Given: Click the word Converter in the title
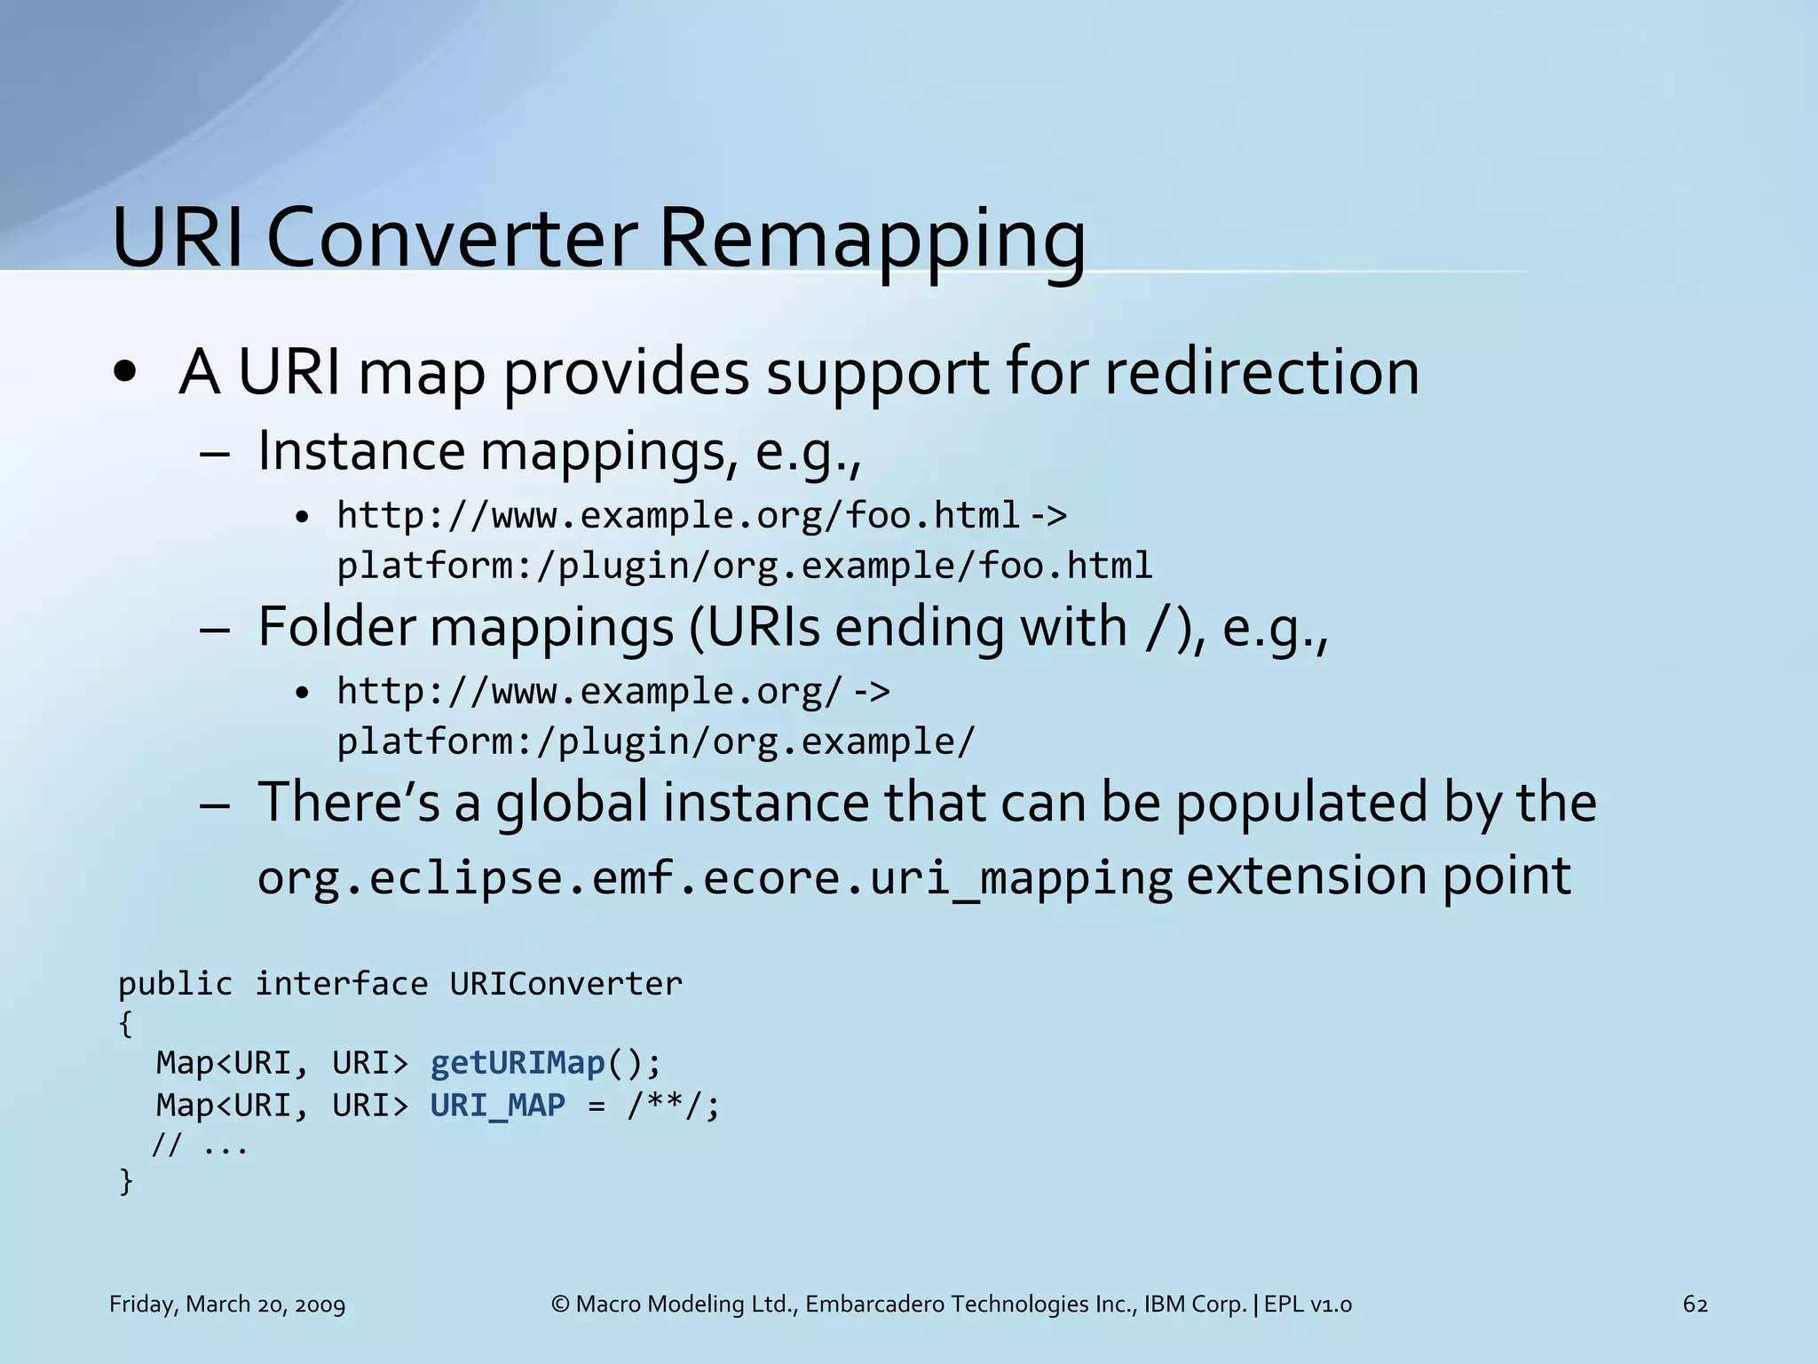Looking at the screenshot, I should coord(451,238).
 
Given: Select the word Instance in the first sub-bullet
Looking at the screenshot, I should coord(360,451).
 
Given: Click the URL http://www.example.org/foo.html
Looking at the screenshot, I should coord(678,515).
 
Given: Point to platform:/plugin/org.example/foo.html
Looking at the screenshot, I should coord(744,566).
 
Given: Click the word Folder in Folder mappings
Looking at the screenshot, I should coord(336,627).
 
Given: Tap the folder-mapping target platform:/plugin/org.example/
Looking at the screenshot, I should coord(655,741).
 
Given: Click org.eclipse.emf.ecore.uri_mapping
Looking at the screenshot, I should coord(715,877).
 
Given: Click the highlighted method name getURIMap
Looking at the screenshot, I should coord(518,1063).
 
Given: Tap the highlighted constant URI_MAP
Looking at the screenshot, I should coord(498,1106).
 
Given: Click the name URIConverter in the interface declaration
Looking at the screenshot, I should coord(565,984).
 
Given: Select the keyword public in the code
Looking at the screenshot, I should coord(175,984).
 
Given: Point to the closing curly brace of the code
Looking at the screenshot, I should coord(125,1182).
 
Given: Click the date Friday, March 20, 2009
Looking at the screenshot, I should coord(227,1305).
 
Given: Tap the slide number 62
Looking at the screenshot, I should coord(1695,1305).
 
